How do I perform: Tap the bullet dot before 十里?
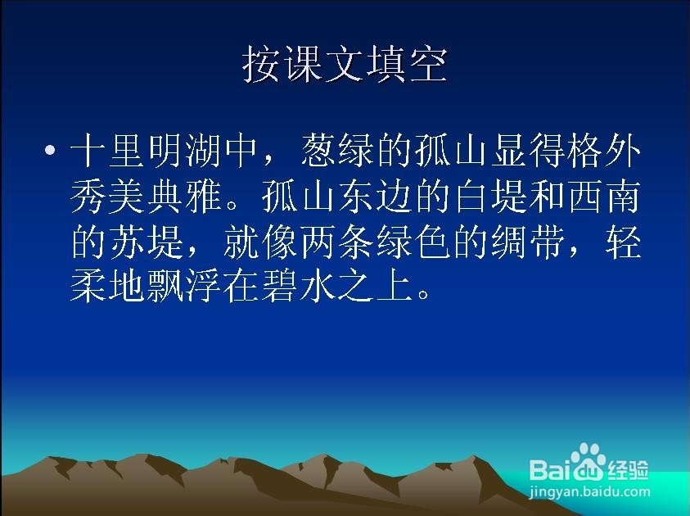tap(51, 151)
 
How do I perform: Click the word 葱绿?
tap(337, 151)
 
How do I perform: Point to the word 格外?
tap(603, 151)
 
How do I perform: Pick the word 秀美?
tap(107, 197)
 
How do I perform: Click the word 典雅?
tap(184, 197)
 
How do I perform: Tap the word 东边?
tap(376, 197)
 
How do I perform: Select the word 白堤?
tap(490, 197)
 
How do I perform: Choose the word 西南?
tap(603, 197)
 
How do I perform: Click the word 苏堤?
tap(146, 242)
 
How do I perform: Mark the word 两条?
tap(337, 242)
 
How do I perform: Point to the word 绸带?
tap(529, 242)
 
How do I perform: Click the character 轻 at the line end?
tap(623, 242)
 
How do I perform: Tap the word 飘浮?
tap(184, 287)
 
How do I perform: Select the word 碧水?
tap(299, 287)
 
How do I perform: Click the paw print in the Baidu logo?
tap(586, 460)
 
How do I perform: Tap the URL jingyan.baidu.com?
tap(589, 491)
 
